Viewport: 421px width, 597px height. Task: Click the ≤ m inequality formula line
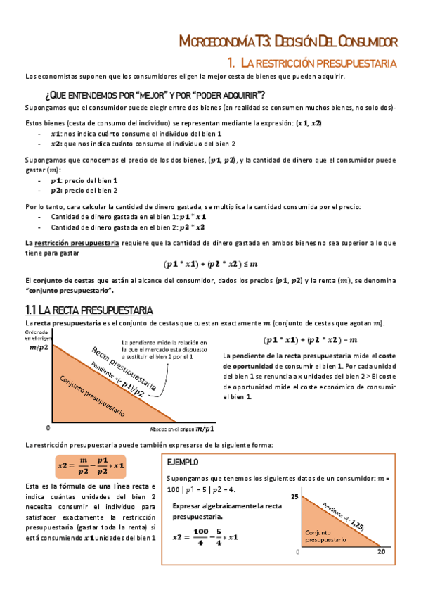pyautogui.click(x=210, y=265)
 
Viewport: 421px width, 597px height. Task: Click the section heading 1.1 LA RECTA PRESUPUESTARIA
pyautogui.click(x=89, y=310)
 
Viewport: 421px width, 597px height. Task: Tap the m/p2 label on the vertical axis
pyautogui.click(x=39, y=346)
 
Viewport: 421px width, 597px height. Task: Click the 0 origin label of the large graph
pyautogui.click(x=48, y=428)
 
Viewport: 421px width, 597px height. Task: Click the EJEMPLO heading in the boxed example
pyautogui.click(x=183, y=463)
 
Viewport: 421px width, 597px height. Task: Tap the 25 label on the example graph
pyautogui.click(x=294, y=498)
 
